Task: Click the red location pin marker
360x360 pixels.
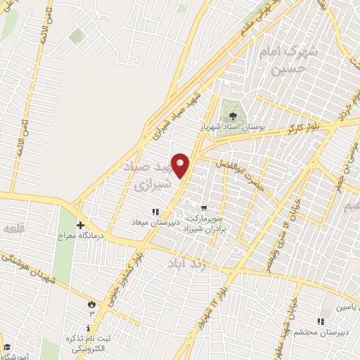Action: click(181, 166)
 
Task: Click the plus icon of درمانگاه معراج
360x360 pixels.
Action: click(80, 225)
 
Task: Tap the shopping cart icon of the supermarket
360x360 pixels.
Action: click(203, 207)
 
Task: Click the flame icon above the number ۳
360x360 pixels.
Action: click(91, 303)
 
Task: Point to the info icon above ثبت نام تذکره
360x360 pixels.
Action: click(87, 328)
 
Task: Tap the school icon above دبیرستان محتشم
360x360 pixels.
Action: click(321, 321)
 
